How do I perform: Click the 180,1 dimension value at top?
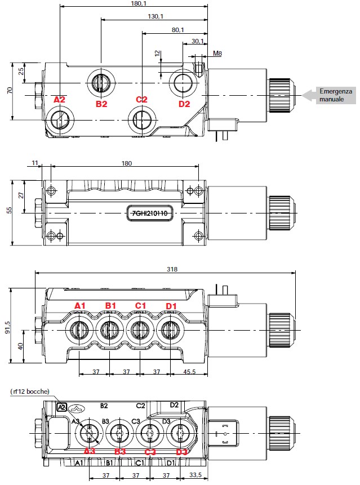139,3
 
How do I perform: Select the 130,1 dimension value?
155,16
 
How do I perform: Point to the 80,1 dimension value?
178,30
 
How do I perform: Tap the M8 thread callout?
217,54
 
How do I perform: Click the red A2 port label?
59,100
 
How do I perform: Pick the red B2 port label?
101,104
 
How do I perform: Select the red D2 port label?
184,104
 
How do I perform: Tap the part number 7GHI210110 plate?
150,213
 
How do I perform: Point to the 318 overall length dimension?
172,269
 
